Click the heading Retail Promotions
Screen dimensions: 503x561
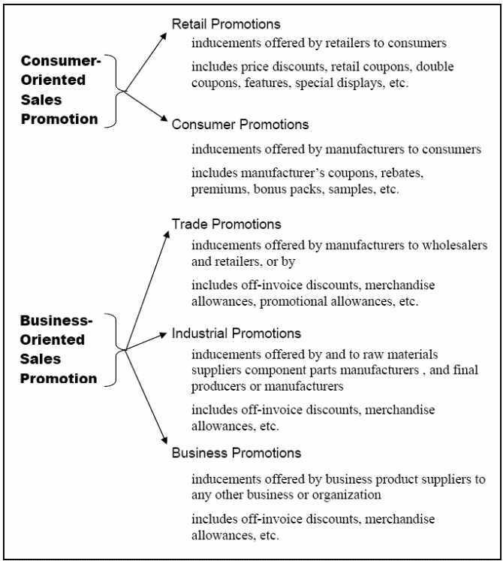[x=226, y=24]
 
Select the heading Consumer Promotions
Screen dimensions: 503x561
[x=240, y=124]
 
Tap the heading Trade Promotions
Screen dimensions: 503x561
[x=227, y=224]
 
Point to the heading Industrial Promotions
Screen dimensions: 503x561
[x=236, y=333]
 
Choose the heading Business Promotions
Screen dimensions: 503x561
[x=236, y=453]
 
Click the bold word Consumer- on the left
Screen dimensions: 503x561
[x=61, y=61]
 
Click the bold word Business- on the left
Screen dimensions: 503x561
[x=56, y=320]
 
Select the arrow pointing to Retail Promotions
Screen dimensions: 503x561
[x=146, y=62]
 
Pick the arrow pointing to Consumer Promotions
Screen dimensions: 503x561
[x=146, y=106]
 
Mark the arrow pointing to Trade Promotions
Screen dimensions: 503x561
[x=147, y=290]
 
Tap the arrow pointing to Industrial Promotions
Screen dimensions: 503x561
[x=146, y=341]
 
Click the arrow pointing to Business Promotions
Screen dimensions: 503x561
[x=146, y=397]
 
